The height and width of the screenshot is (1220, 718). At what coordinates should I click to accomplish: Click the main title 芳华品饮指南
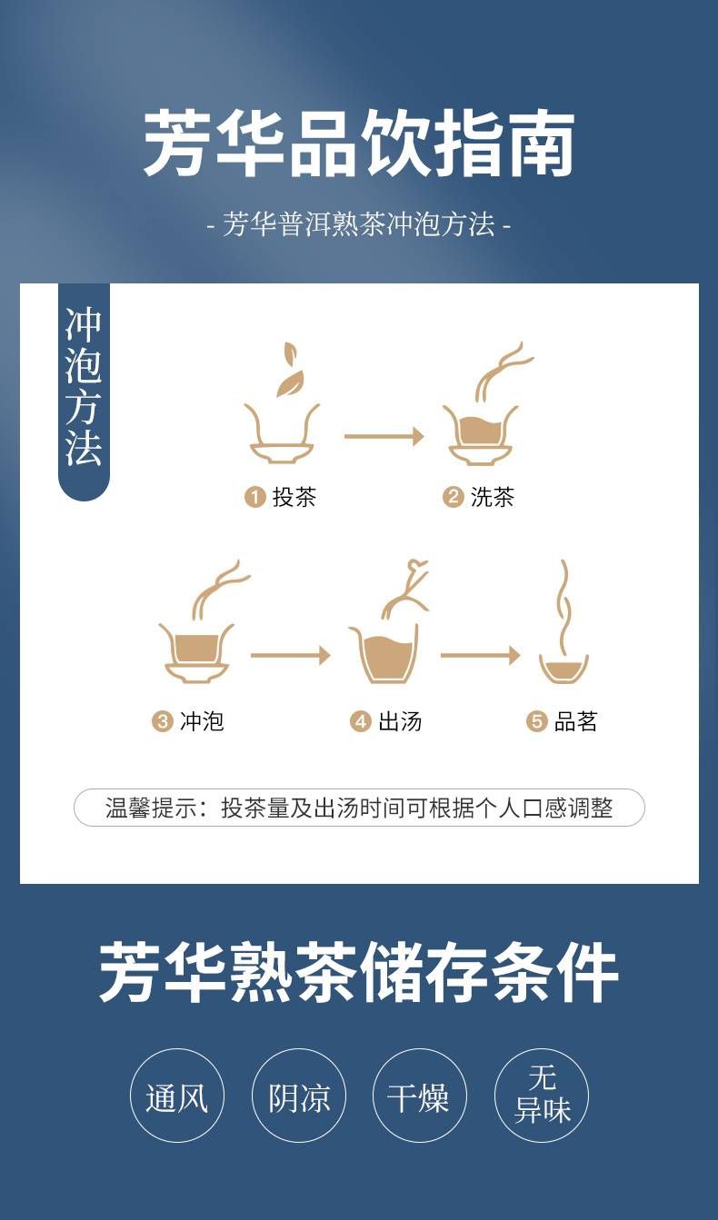click(x=358, y=142)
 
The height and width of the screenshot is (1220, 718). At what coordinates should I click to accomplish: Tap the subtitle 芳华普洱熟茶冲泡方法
click(x=358, y=223)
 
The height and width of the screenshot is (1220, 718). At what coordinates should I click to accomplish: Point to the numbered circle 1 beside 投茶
click(x=254, y=497)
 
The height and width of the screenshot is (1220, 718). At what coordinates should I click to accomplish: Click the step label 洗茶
click(x=493, y=497)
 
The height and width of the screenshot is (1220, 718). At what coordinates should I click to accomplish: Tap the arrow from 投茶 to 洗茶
click(x=384, y=436)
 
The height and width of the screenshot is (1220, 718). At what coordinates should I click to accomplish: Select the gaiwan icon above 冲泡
click(x=197, y=620)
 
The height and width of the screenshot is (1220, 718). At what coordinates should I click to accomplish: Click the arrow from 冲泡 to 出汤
click(x=290, y=655)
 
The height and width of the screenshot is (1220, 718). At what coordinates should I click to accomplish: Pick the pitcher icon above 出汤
click(x=387, y=621)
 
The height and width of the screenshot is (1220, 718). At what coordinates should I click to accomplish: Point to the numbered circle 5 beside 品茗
click(x=536, y=721)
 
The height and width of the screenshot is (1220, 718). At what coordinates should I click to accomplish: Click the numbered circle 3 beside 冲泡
click(x=162, y=721)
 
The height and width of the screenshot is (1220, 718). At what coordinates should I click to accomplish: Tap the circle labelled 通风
click(x=177, y=1096)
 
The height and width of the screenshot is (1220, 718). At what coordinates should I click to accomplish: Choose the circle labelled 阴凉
click(x=298, y=1096)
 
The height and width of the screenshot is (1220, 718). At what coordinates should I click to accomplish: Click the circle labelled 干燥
click(x=420, y=1096)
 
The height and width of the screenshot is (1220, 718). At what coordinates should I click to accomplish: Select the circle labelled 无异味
click(x=542, y=1096)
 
